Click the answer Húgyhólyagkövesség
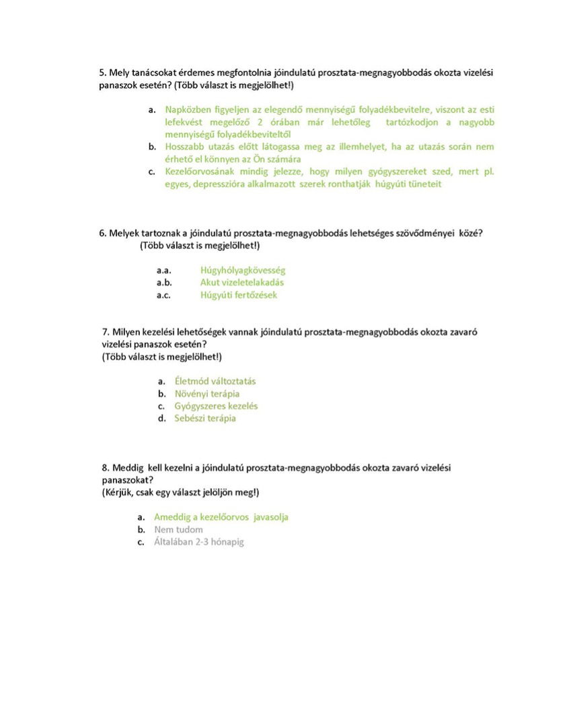(243, 271)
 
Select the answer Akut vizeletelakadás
(242, 283)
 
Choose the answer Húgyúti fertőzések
(239, 295)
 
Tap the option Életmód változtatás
(215, 381)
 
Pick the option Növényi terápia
(207, 394)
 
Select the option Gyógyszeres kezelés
(216, 406)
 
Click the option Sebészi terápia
(205, 418)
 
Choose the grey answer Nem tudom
(178, 530)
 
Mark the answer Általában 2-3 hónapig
(199, 542)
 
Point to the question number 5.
(102, 71)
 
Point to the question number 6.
(102, 233)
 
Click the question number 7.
(106, 332)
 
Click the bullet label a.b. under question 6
(164, 283)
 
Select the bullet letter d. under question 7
(162, 418)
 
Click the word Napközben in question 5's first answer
(186, 109)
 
